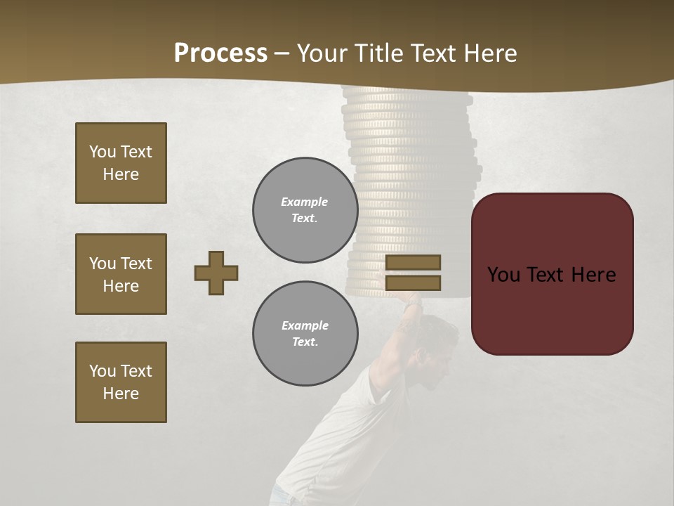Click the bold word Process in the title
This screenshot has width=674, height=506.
(x=220, y=53)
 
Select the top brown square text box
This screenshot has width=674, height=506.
(x=121, y=163)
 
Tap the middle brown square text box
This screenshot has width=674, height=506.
(x=121, y=274)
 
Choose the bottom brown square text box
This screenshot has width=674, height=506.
(x=121, y=382)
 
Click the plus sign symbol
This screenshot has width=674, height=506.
(x=216, y=273)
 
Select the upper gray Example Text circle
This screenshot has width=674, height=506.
(x=305, y=209)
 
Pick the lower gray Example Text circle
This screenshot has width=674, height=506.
(x=305, y=333)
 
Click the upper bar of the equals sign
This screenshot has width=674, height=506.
(x=413, y=262)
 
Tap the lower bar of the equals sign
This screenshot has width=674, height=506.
(x=413, y=283)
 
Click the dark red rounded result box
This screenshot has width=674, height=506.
(x=552, y=309)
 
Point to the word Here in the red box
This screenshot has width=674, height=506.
(x=593, y=275)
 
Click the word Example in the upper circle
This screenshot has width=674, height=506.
(x=305, y=202)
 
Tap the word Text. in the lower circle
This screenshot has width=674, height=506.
(x=305, y=342)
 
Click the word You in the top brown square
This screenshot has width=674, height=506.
(x=103, y=152)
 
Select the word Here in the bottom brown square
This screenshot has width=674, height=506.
(x=121, y=394)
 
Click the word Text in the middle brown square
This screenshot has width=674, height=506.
(x=136, y=264)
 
